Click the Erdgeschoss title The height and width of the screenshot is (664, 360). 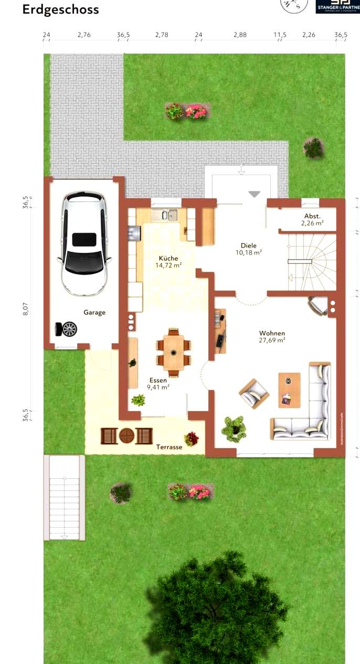60,9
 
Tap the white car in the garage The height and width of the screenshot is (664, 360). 84,243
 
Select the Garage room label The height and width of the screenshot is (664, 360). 94,312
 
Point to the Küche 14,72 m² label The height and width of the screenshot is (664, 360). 168,262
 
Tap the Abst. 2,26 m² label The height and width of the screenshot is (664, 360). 312,219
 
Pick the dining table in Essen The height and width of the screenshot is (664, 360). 173,352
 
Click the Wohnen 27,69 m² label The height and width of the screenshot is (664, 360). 272,336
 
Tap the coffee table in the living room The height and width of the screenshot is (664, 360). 289,390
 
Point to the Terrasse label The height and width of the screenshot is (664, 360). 169,447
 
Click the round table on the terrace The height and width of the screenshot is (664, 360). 127,435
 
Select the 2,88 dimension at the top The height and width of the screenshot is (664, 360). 239,35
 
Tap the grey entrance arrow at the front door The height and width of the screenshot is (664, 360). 254,194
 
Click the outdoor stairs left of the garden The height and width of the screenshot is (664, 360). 64,497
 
